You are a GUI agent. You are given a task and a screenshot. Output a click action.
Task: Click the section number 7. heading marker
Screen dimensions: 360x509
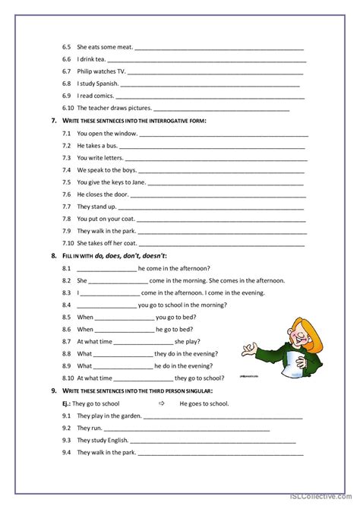coord(53,121)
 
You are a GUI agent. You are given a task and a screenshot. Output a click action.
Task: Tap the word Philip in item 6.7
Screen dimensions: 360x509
coord(86,71)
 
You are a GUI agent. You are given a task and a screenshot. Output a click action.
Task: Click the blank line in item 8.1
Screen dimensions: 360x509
coord(106,269)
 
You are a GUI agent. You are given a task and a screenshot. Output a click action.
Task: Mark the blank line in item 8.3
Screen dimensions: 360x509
coord(109,293)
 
